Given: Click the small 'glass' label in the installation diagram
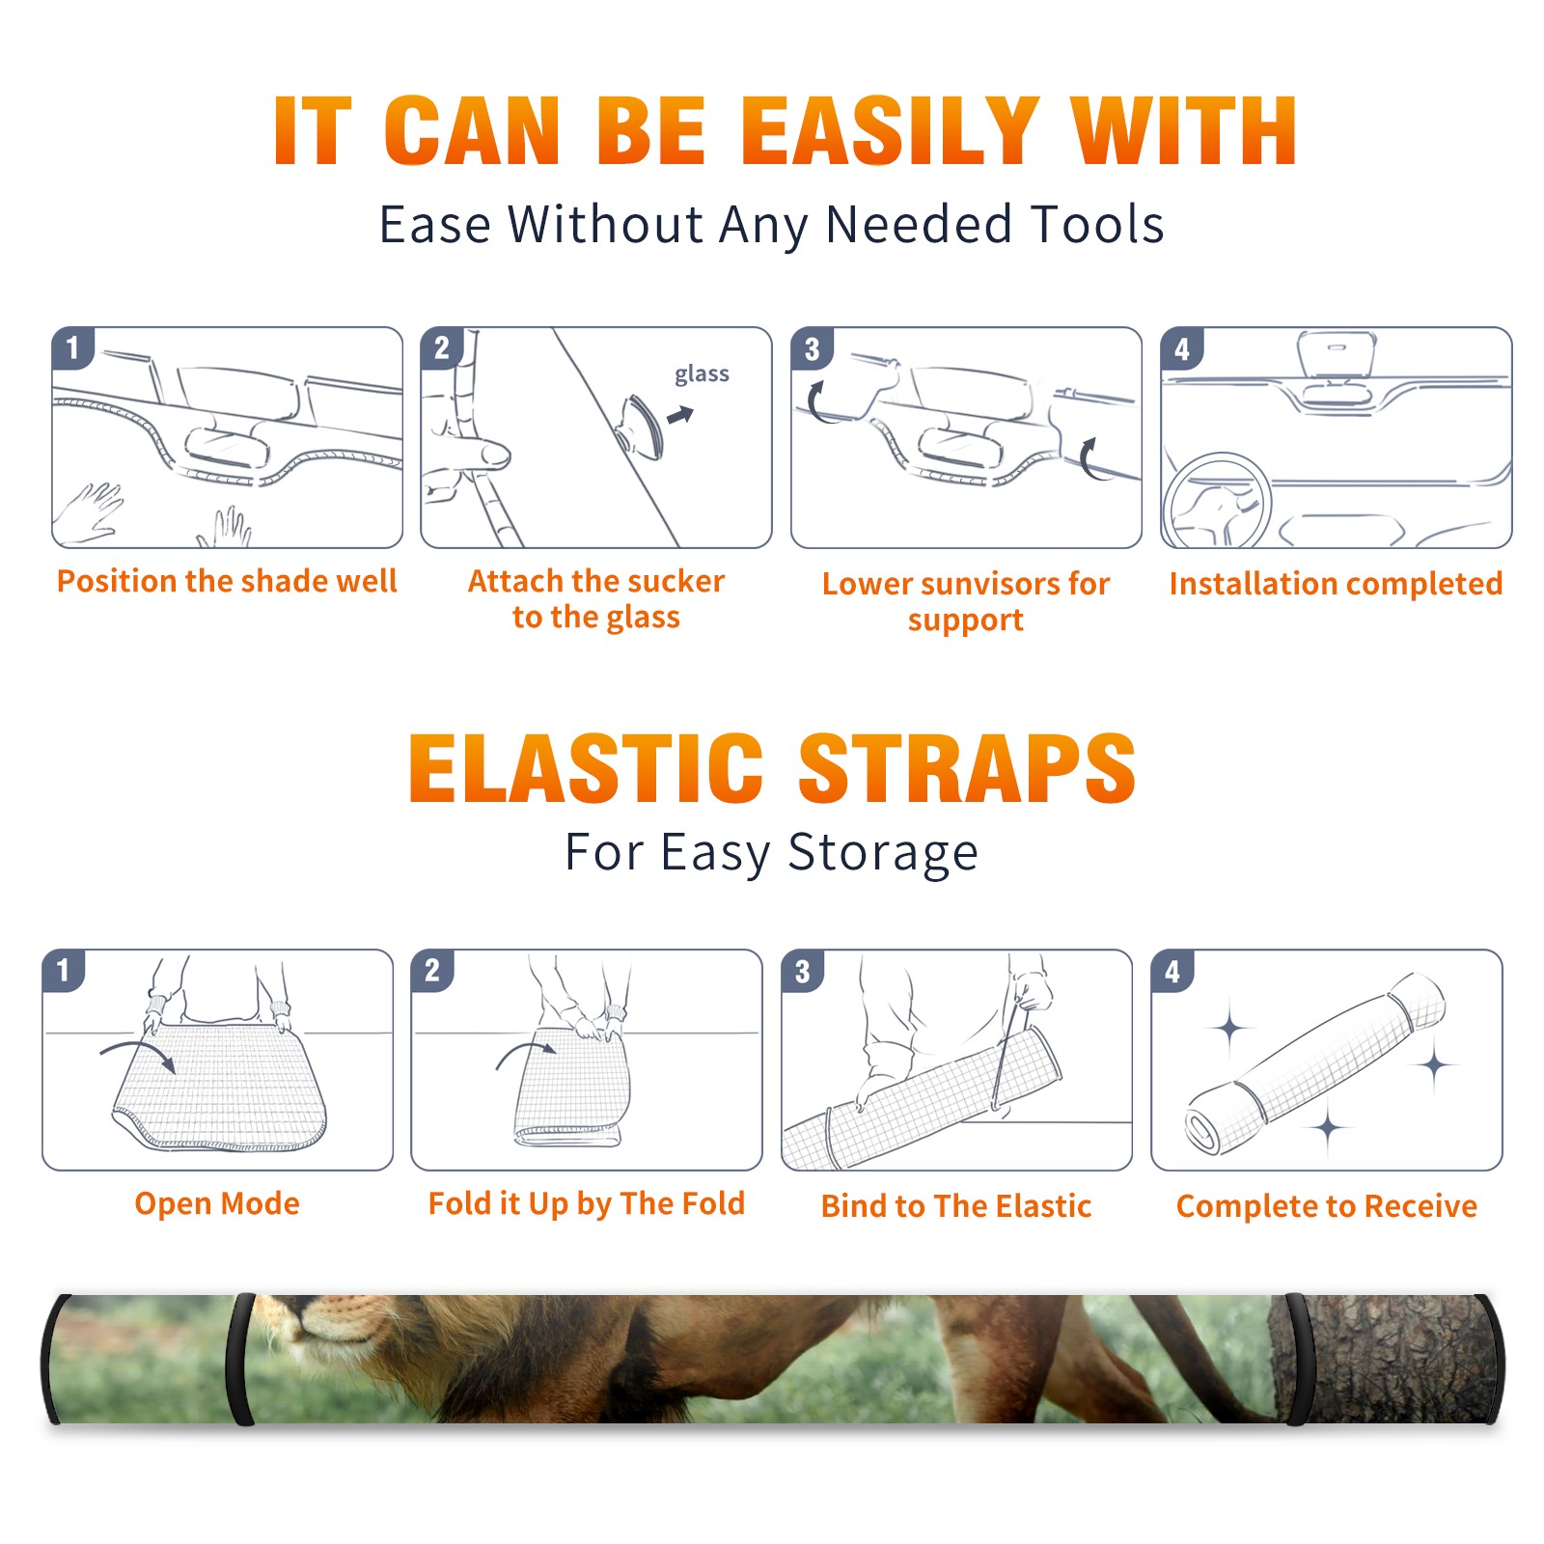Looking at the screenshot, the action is point(702,374).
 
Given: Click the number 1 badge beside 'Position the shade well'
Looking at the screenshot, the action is point(72,347).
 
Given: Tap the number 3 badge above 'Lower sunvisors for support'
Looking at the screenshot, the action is point(812,347).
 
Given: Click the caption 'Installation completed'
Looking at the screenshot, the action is point(1336,584).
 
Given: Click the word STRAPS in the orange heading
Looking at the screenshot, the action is point(968,768).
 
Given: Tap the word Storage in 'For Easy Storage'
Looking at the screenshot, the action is point(883,853).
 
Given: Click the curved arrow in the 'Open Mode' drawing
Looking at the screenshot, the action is point(137,1054).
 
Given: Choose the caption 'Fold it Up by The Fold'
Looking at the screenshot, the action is point(587,1203).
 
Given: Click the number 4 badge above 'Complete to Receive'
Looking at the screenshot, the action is point(1172,971).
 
